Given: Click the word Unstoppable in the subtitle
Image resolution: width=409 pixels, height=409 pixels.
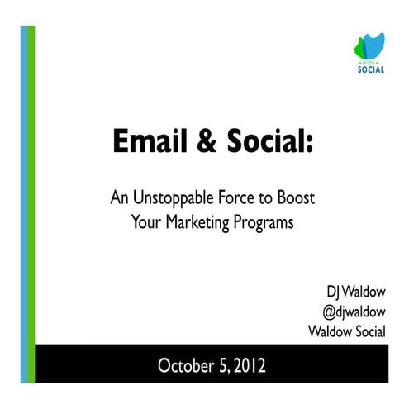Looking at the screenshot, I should pyautogui.click(x=171, y=199).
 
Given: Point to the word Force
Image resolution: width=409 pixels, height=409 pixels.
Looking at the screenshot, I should pyautogui.click(x=232, y=199).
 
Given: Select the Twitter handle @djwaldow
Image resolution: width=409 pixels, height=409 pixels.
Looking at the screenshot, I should pyautogui.click(x=355, y=312).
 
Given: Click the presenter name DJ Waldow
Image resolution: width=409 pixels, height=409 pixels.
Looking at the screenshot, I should pyautogui.click(x=358, y=292).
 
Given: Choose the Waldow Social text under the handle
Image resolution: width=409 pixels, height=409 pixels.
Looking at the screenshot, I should pyautogui.click(x=347, y=332).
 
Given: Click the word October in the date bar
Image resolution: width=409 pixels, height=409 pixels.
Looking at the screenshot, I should pyautogui.click(x=185, y=364).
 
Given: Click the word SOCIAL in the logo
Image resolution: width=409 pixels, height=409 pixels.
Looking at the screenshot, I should pyautogui.click(x=369, y=69).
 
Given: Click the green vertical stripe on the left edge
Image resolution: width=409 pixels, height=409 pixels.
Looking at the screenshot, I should pyautogui.click(x=32, y=207).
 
